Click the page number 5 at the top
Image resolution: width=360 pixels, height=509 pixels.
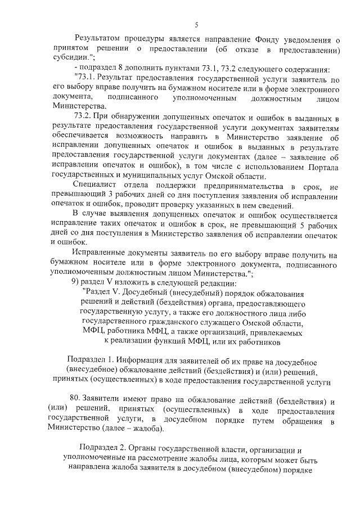(196, 25)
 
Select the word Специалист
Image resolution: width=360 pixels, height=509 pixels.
(96, 186)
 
